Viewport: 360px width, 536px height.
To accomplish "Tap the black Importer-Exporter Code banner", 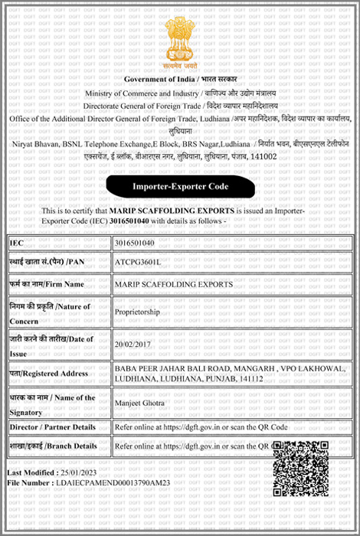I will pyautogui.click(x=180, y=185).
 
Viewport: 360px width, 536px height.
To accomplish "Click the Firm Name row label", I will pyautogui.click(x=46, y=284).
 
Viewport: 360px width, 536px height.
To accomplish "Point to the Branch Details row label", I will pyautogui.click(x=53, y=446).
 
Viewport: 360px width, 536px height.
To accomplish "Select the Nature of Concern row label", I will pyautogui.click(x=49, y=312).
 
